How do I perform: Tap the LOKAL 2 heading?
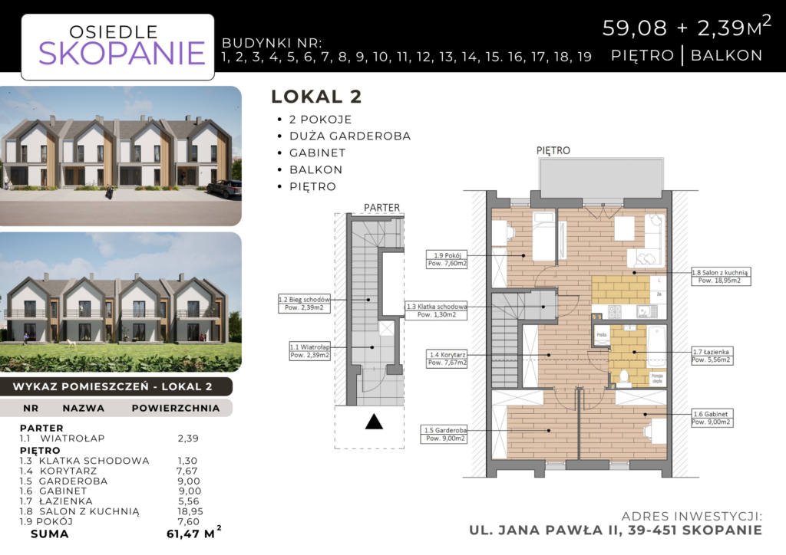(x=316, y=97)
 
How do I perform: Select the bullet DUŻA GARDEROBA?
(x=350, y=136)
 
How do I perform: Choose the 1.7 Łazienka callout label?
(x=712, y=355)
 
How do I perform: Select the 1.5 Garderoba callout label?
(x=444, y=435)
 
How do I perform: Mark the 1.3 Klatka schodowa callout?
(x=435, y=310)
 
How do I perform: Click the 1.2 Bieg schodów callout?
(x=304, y=303)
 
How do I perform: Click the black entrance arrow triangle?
(x=373, y=422)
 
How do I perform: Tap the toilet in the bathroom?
(x=623, y=376)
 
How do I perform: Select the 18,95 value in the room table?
(x=190, y=511)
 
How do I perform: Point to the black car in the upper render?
(x=224, y=189)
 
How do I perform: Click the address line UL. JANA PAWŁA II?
(x=616, y=530)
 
